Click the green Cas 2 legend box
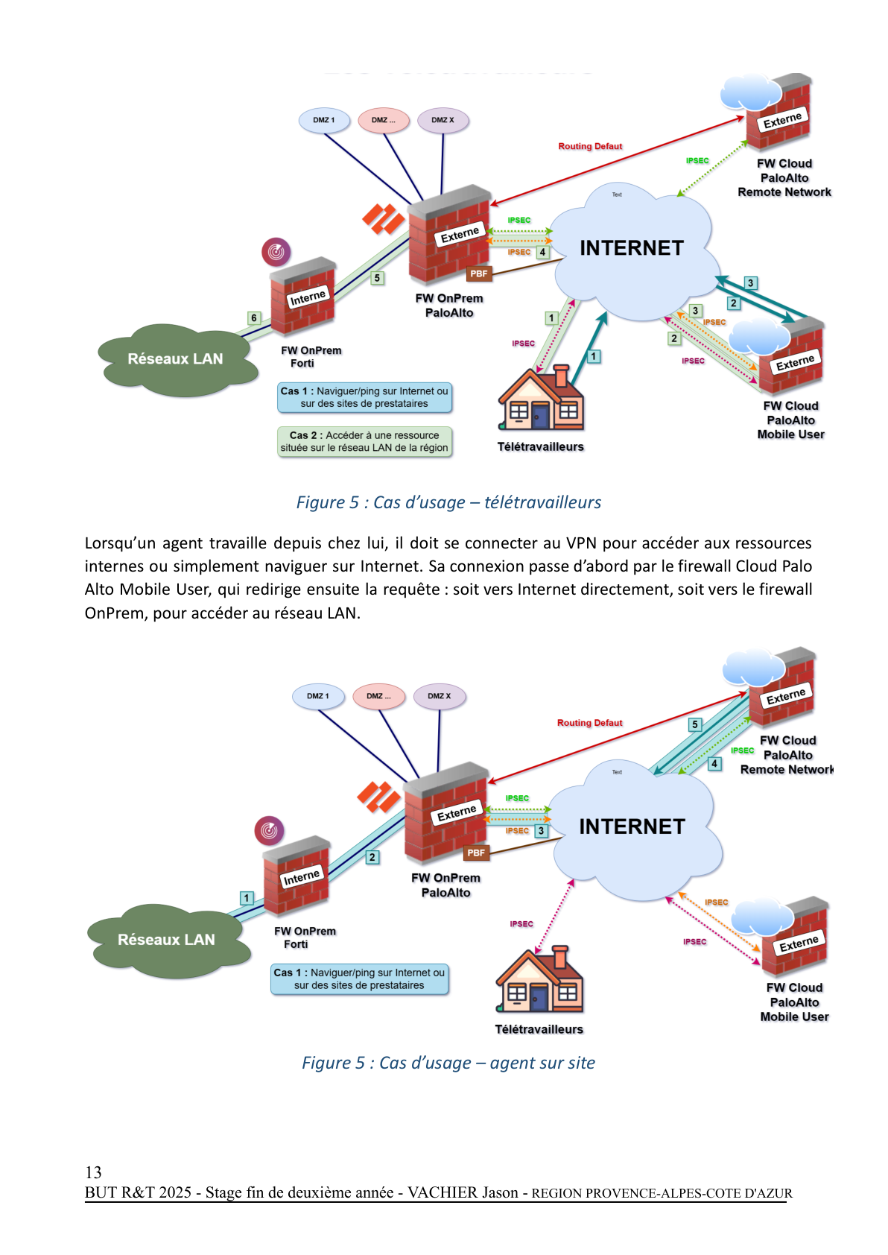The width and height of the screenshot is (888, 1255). [364, 441]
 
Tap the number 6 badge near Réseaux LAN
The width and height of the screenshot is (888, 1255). [254, 318]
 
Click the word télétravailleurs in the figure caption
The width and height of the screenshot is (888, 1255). [542, 502]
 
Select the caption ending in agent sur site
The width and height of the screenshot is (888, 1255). [448, 1063]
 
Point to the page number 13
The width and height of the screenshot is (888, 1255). [93, 1172]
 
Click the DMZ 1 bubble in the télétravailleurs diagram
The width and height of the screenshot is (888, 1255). [324, 120]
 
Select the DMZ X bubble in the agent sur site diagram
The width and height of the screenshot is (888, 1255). [439, 696]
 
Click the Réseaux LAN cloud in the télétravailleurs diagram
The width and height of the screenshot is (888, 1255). [175, 359]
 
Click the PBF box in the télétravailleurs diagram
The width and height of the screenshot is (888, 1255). [478, 274]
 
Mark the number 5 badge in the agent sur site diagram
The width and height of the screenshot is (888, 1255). [694, 724]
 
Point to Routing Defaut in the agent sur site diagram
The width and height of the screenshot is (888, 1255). [589, 723]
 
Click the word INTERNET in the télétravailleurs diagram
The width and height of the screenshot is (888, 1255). [632, 248]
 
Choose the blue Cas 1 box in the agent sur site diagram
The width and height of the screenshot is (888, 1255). [359, 979]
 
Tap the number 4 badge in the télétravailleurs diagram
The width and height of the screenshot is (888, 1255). [542, 252]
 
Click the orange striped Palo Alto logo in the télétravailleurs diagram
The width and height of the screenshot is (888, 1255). [383, 218]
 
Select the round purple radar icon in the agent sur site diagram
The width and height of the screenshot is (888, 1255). [270, 830]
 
